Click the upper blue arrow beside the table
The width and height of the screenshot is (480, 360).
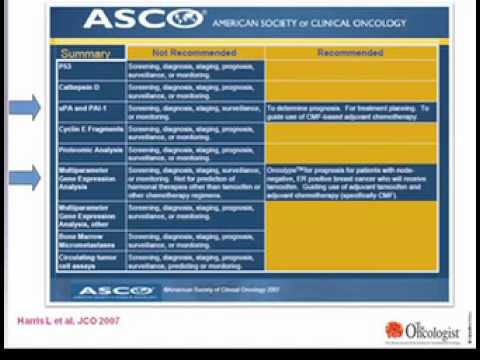25,108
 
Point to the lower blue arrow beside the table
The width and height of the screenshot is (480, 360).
25,176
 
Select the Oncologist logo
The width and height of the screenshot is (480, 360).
425,331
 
